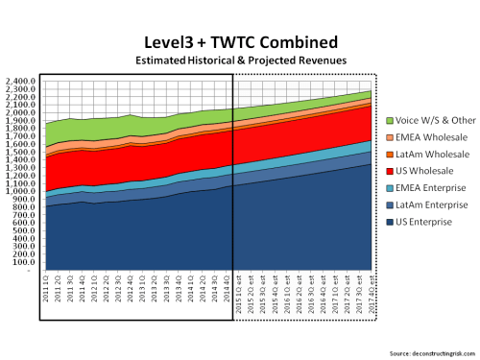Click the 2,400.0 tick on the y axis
[x=22, y=81]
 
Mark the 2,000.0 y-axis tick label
[x=22, y=112]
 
